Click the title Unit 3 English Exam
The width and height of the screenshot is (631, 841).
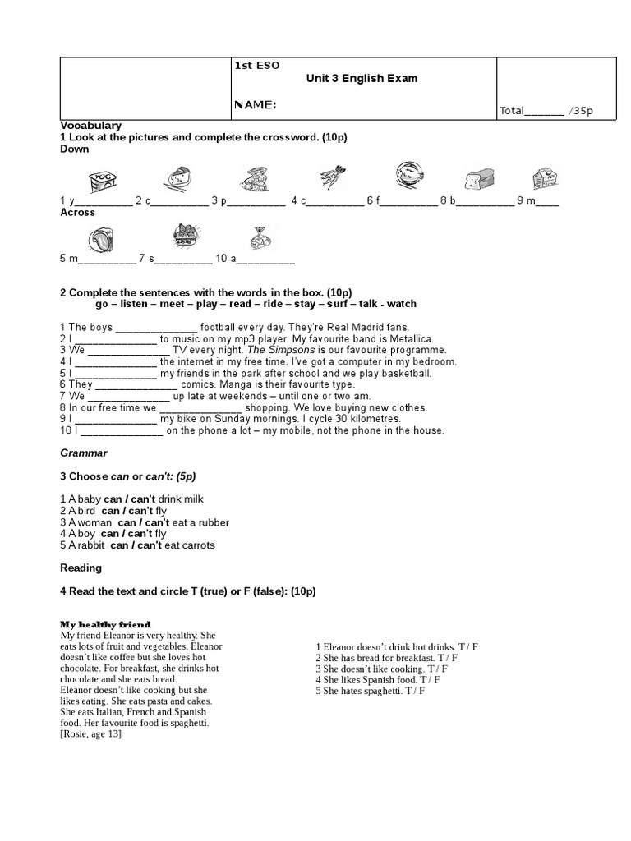362,79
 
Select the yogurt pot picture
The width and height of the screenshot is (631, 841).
99,180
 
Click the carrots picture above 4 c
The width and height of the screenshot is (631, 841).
332,177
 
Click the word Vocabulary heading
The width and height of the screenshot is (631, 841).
91,125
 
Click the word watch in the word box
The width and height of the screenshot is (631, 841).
402,304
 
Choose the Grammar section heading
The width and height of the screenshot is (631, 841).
84,453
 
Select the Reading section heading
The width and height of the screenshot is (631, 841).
81,568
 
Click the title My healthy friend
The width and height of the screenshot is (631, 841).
106,625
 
